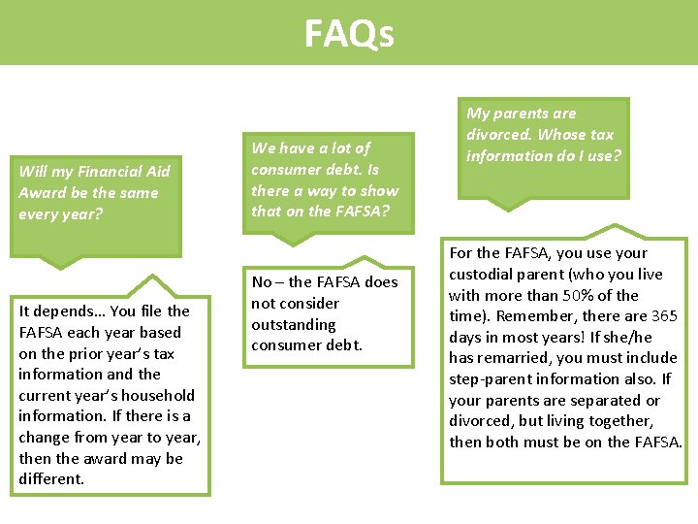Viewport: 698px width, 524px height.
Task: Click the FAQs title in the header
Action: pyautogui.click(x=349, y=34)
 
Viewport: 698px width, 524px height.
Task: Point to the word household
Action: pyautogui.click(x=159, y=395)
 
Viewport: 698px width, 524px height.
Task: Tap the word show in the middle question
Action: pyautogui.click(x=380, y=190)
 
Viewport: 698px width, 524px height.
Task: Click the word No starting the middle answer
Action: pyautogui.click(x=261, y=281)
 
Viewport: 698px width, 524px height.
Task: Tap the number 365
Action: pyautogui.click(x=663, y=315)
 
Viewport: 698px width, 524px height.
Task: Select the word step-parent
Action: pyautogui.click(x=491, y=378)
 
